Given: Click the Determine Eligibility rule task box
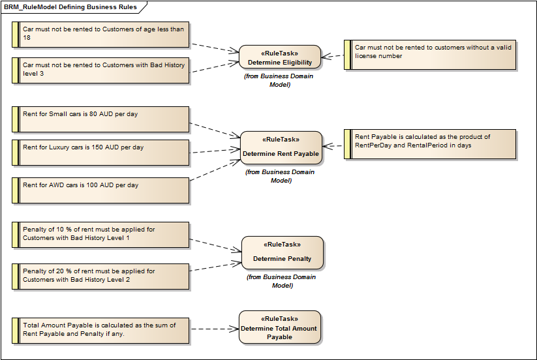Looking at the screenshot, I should (x=280, y=58).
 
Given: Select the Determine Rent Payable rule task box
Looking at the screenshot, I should (x=281, y=148).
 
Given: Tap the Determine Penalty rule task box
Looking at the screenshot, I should (x=282, y=252).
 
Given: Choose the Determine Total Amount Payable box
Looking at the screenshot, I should (x=279, y=327).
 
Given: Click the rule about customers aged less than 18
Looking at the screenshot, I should (x=101, y=33).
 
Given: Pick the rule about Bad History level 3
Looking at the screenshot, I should (x=101, y=70).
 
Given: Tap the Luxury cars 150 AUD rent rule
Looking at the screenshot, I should (x=101, y=152).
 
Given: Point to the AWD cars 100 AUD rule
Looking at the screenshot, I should (x=101, y=190).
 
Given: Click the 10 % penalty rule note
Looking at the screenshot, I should (x=101, y=235).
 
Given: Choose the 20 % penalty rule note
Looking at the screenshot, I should (x=101, y=276).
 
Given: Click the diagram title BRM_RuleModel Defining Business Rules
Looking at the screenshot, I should (x=70, y=7).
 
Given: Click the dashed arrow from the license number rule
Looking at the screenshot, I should (x=333, y=57).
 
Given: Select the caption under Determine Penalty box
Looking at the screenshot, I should (x=281, y=281).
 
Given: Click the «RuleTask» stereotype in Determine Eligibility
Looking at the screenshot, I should (x=280, y=54).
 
